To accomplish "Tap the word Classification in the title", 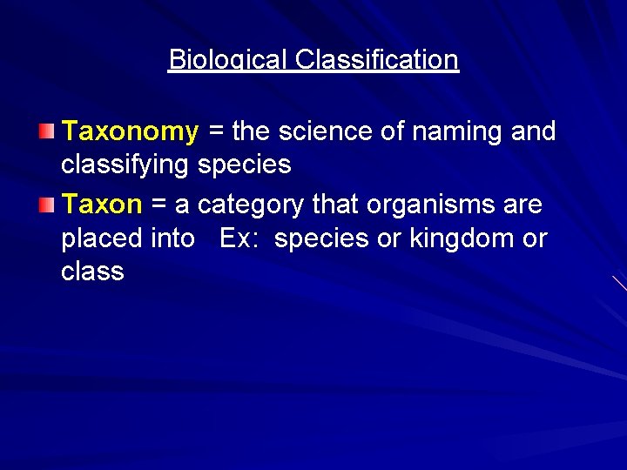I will [x=376, y=59].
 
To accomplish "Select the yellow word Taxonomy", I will [x=131, y=131].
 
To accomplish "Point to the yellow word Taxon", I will [x=102, y=205].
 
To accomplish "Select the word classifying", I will [x=125, y=164].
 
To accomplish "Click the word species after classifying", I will [x=245, y=164].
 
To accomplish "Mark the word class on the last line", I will [x=92, y=271].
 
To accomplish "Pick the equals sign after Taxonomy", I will [x=215, y=131].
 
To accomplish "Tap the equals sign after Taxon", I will [x=158, y=205].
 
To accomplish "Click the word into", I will [x=172, y=238].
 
